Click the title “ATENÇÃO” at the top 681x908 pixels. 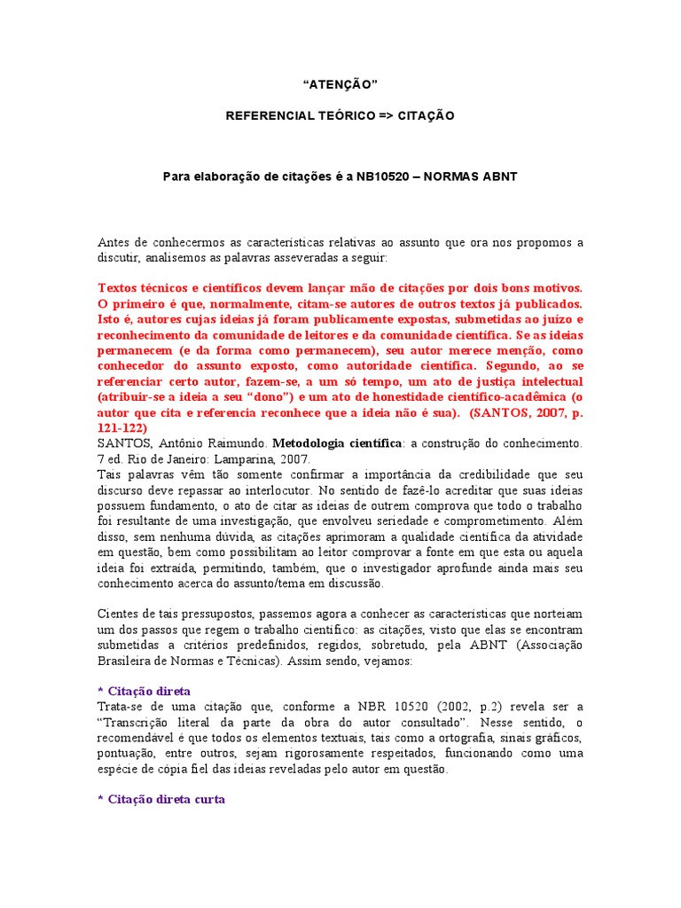(340, 83)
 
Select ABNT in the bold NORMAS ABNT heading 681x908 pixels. (500, 176)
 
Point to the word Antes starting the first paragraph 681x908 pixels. (113, 242)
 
